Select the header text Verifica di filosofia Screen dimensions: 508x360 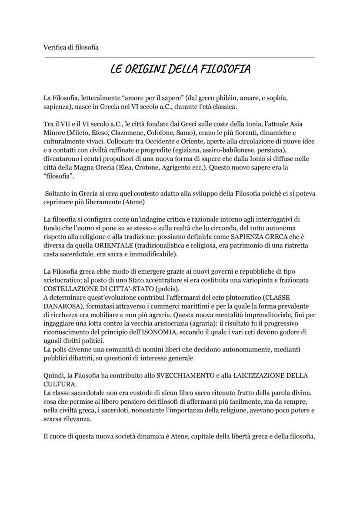[71, 47]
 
